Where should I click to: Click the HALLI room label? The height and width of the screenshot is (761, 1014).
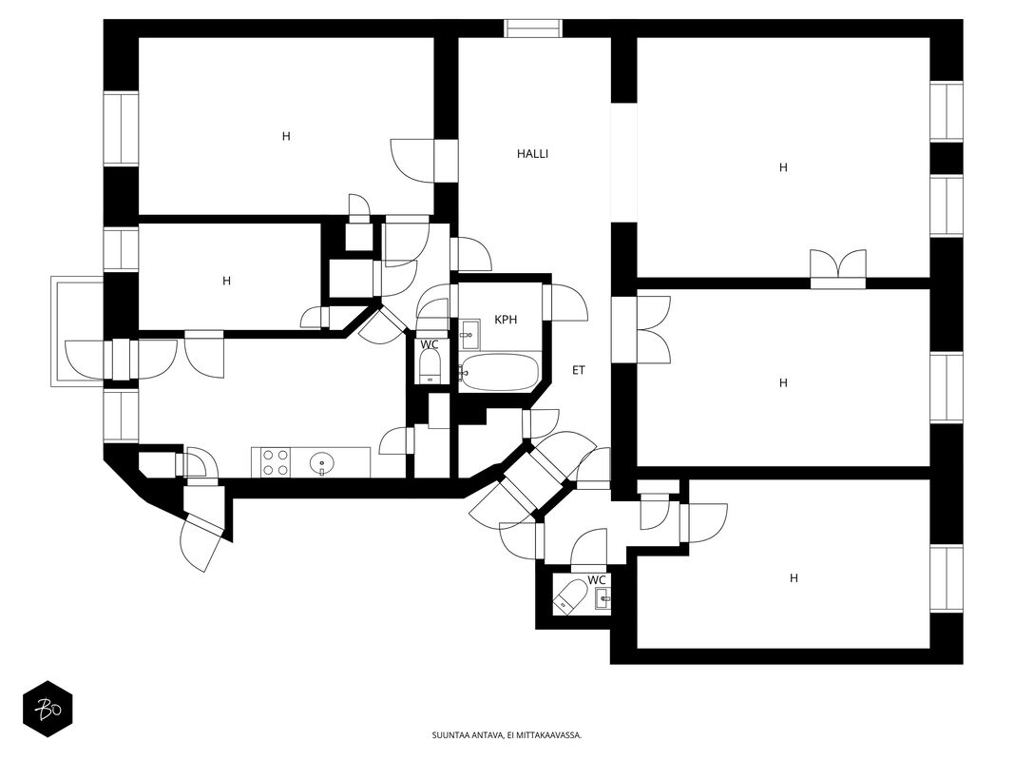coord(532,154)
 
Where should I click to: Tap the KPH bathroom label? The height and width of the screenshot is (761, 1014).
coord(506,320)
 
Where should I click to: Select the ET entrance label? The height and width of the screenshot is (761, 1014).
coord(579,370)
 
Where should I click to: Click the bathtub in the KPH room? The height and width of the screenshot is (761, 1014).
coord(499,372)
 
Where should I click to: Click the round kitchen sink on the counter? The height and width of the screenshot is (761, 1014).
coord(321,462)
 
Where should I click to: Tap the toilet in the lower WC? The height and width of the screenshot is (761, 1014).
coord(570,595)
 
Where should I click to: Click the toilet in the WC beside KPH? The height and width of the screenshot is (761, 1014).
coord(430,368)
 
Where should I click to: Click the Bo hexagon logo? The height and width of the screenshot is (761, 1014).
coord(48,709)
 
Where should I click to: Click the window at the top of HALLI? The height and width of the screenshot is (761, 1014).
coord(533,29)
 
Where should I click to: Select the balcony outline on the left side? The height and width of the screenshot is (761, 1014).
coord(78,331)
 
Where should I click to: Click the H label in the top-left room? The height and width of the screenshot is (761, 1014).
coord(286,137)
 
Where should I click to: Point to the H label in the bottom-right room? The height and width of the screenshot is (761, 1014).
coord(794,577)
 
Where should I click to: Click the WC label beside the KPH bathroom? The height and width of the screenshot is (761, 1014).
coord(430,345)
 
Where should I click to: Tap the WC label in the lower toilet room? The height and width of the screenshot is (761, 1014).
coord(597,580)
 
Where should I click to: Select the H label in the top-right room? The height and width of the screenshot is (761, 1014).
coord(783,167)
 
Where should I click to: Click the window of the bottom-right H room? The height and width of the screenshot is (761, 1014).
coord(947,578)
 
